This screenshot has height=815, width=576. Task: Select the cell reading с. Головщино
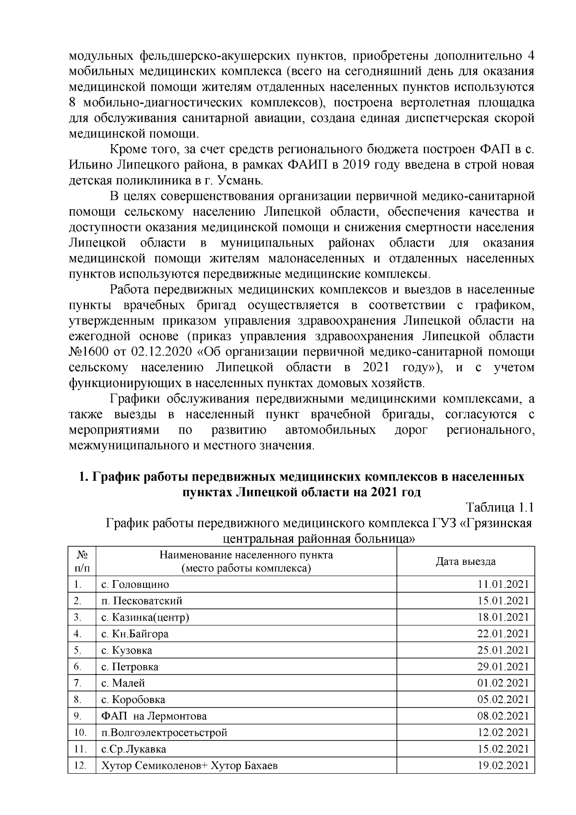pyautogui.click(x=135, y=584)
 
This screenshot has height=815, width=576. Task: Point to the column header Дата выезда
pyautogui.click(x=465, y=561)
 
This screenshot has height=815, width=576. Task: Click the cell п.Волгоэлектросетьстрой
pyautogui.click(x=164, y=732)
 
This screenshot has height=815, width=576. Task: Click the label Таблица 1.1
pyautogui.click(x=500, y=507)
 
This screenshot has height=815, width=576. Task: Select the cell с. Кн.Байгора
pyautogui.click(x=135, y=633)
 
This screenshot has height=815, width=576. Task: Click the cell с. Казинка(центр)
pyautogui.click(x=145, y=617)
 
